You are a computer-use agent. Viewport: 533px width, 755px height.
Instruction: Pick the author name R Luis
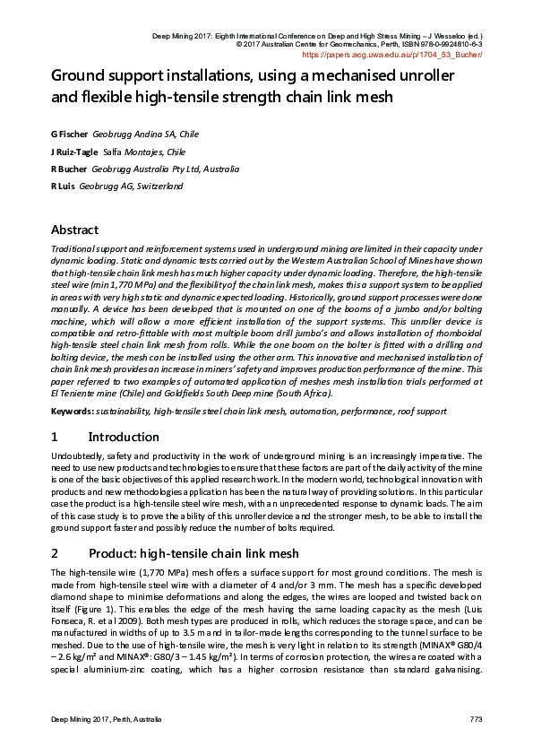(64, 186)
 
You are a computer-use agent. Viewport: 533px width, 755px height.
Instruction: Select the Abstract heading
(74, 230)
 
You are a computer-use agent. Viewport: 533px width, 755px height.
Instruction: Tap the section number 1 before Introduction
(55, 437)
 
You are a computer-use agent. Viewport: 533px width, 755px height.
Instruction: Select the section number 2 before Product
(55, 553)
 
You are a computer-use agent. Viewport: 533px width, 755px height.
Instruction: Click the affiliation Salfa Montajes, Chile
(144, 152)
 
